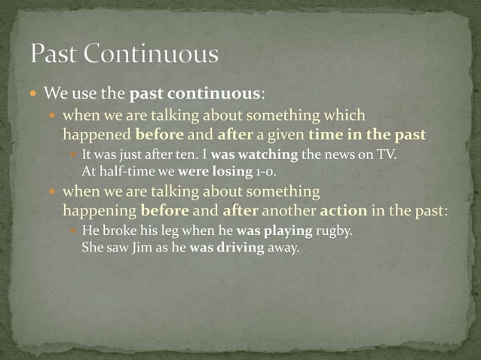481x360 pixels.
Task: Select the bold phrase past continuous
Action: (195, 95)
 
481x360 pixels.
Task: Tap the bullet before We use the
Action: (35, 95)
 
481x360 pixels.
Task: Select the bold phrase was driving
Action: (227, 246)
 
